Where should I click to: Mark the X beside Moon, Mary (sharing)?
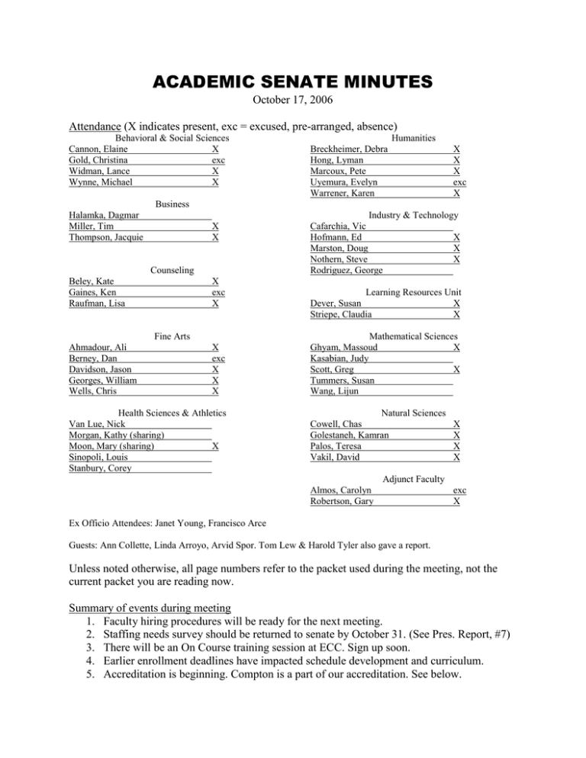click(217, 445)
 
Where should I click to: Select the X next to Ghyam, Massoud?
click(456, 347)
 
